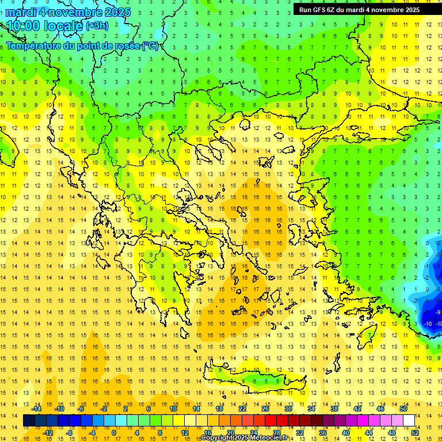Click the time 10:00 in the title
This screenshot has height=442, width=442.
24,26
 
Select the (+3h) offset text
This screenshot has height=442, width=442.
97,26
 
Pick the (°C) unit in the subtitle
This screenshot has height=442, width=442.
150,46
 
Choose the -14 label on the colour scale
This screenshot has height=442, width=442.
36,409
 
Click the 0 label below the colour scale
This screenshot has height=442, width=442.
114,433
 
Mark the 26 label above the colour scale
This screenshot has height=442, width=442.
265,409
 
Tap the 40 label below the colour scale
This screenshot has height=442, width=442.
345,433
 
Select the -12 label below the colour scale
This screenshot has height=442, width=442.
48,433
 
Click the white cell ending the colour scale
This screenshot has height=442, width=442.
409,421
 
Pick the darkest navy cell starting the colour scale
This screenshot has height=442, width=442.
29,421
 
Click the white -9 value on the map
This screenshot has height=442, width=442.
437,312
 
